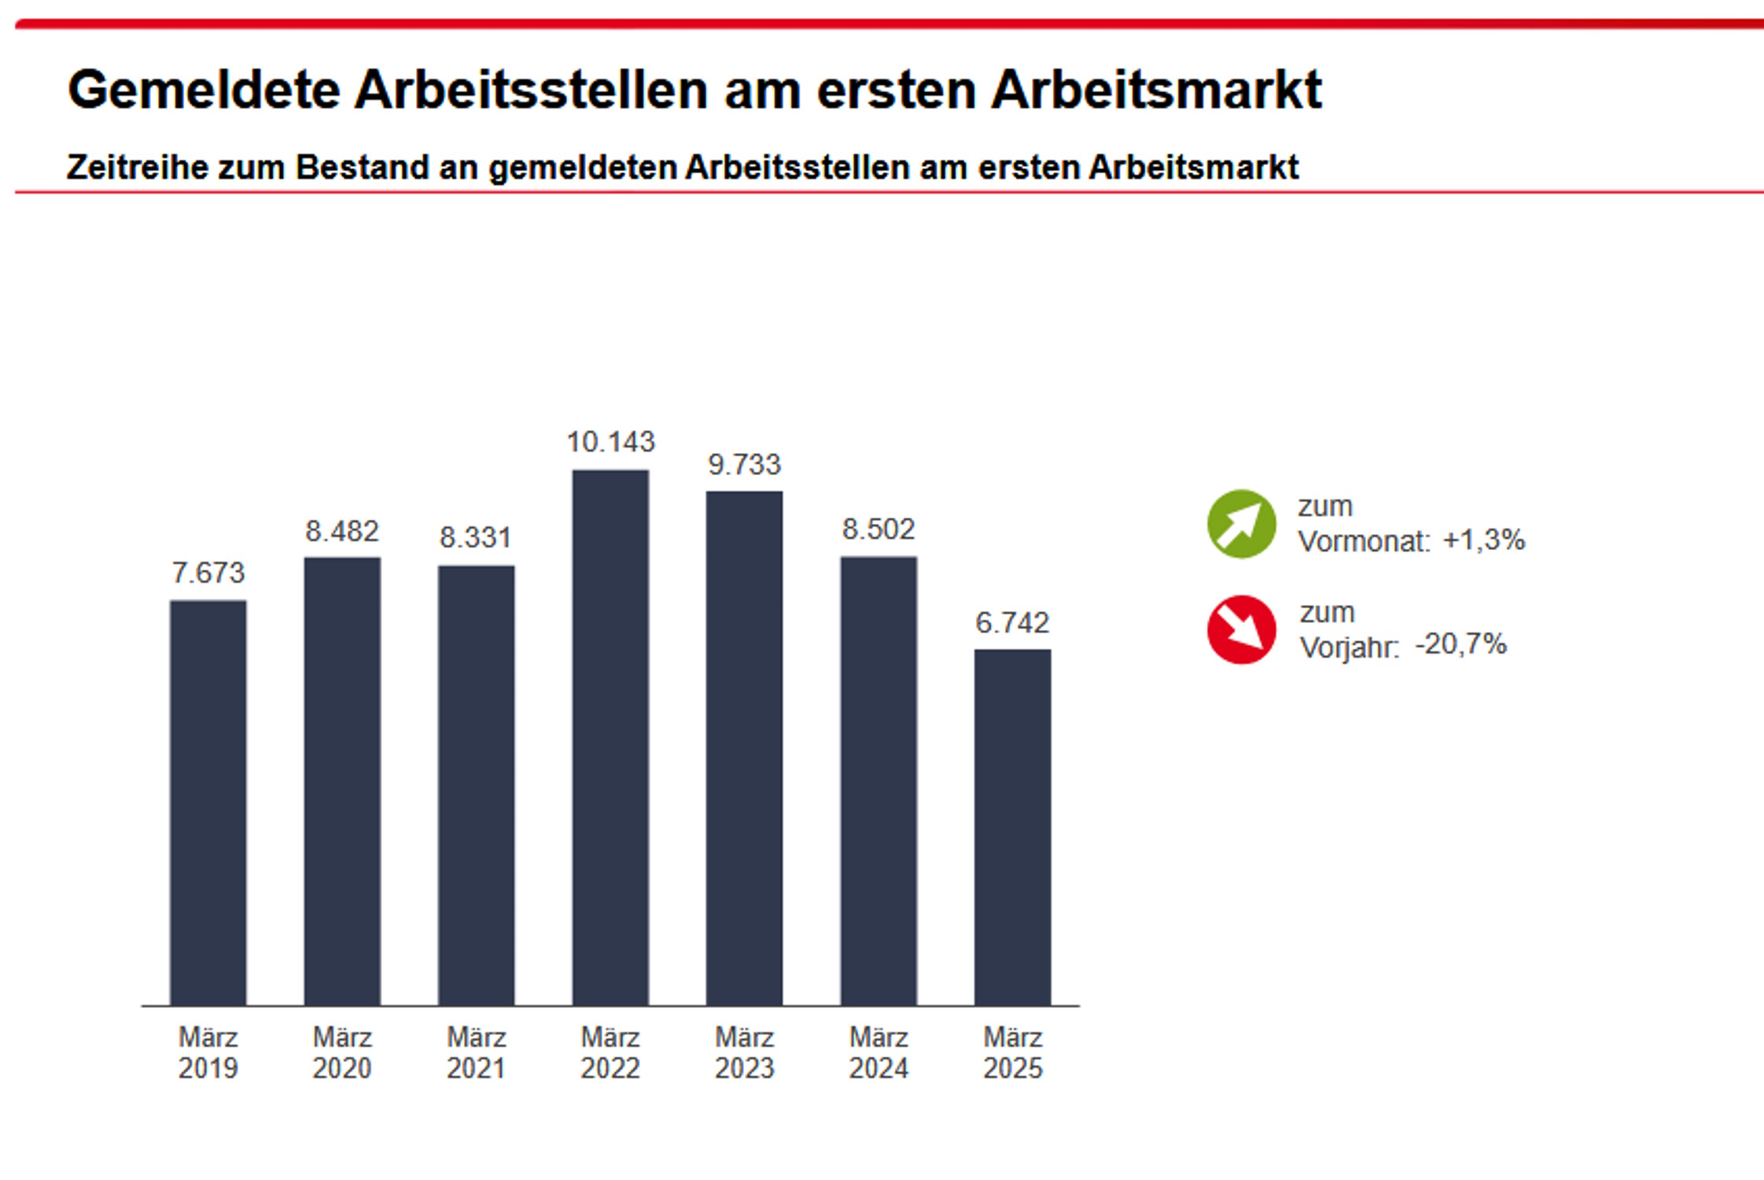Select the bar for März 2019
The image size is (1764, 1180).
coord(208,802)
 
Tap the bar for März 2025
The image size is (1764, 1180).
coord(1012,827)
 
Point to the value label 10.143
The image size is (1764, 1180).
coord(610,442)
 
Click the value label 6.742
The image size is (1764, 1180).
coord(1012,623)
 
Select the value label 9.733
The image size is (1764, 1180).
coord(744,465)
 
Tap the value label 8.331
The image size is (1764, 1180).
coord(476,538)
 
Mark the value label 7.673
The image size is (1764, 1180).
coord(208,573)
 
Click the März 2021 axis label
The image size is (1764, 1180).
coord(476,1053)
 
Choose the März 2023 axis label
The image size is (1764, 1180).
coord(744,1053)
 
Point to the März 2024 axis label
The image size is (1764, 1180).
coord(878,1053)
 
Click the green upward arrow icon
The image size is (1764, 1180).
coord(1241,524)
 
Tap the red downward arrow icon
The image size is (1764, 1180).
coord(1241,629)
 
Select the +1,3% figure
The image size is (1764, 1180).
coord(1484,540)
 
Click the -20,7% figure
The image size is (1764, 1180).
coord(1461,645)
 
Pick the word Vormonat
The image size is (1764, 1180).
coord(1363,542)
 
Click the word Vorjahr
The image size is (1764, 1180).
coord(1349,647)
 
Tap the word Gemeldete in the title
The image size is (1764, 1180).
coord(204,90)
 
